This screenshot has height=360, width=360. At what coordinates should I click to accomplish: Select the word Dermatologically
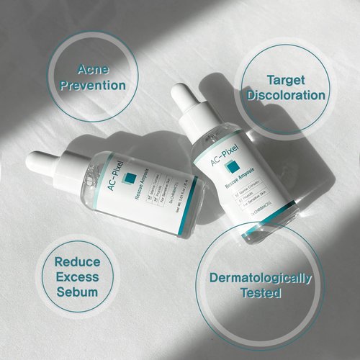tap(260, 278)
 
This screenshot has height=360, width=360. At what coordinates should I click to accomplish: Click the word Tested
tap(260, 293)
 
